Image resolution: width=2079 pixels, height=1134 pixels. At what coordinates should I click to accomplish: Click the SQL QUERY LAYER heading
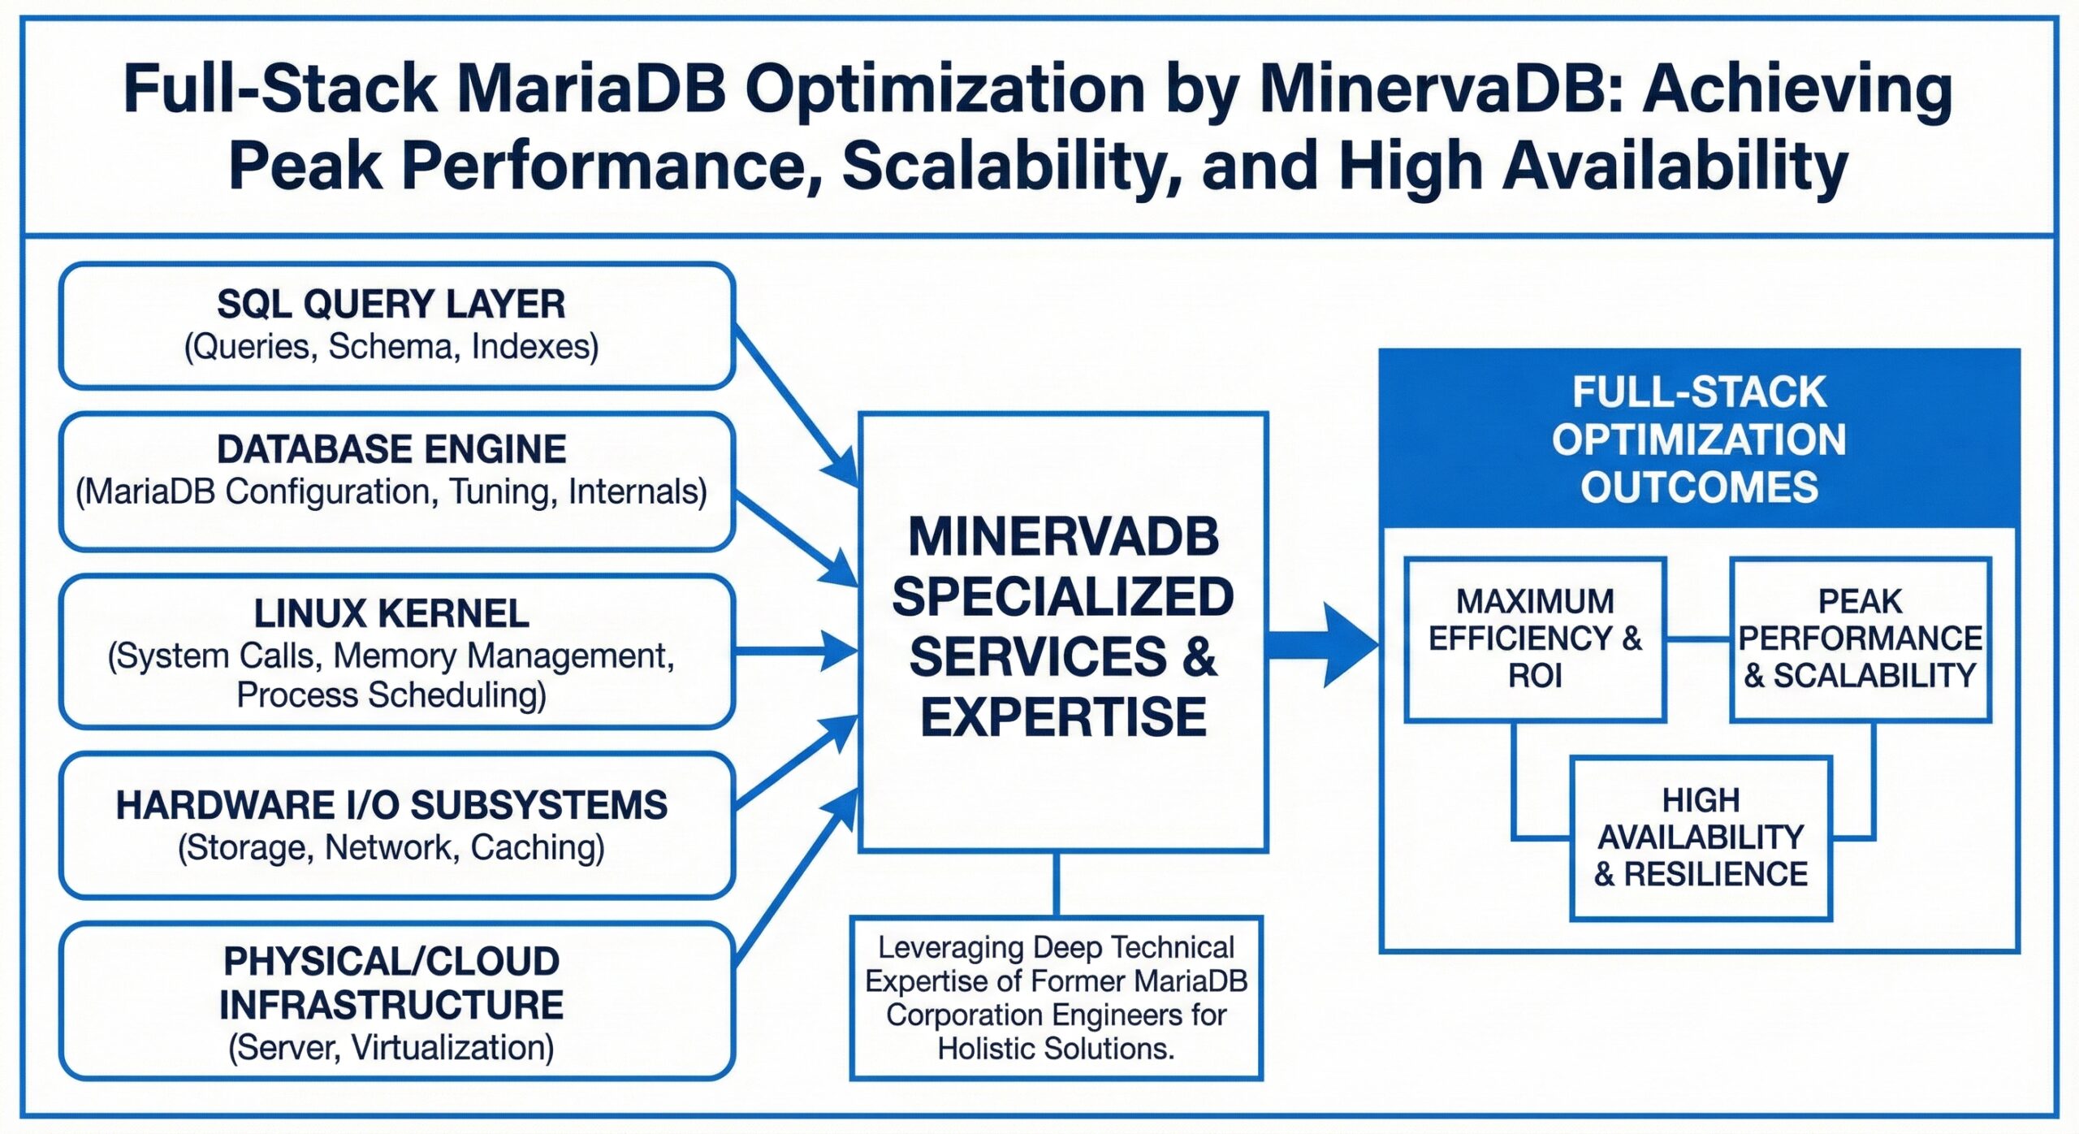[391, 305]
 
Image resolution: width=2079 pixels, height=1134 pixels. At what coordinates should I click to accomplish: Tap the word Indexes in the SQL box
[534, 347]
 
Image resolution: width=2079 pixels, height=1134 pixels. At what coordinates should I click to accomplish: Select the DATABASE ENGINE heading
[391, 449]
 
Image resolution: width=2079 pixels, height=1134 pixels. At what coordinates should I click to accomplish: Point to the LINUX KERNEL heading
[391, 613]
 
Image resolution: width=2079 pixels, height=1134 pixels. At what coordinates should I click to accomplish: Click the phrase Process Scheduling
[391, 695]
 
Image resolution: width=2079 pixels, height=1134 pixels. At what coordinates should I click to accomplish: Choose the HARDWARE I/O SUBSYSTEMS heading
[391, 805]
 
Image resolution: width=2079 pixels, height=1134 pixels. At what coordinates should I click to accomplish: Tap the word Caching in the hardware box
[537, 847]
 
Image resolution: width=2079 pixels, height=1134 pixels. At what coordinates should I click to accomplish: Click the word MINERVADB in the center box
[1062, 537]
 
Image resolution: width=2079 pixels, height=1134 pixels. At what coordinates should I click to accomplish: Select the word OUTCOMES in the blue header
[1698, 487]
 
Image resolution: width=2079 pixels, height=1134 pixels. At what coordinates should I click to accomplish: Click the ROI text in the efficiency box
[1534, 675]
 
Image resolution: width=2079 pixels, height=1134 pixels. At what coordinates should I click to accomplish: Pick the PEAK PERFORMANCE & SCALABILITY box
[1860, 638]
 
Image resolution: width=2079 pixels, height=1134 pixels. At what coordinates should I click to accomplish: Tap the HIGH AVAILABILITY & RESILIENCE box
[1701, 838]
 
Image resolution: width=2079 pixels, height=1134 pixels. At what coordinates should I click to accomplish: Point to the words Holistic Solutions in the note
[1055, 1049]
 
